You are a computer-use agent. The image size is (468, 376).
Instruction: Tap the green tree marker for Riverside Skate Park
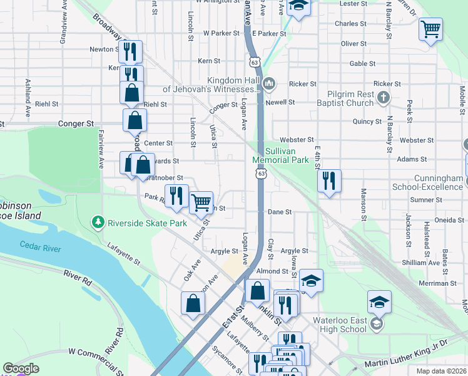click(98, 222)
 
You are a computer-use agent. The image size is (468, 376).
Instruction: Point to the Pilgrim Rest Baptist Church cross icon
click(384, 97)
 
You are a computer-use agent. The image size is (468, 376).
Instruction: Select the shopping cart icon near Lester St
click(431, 28)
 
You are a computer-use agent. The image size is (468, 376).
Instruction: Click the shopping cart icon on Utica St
click(201, 202)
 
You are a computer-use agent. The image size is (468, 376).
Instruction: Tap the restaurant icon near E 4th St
click(329, 180)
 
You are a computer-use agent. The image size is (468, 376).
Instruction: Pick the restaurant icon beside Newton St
click(130, 51)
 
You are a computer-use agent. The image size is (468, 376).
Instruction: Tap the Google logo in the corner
click(20, 368)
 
